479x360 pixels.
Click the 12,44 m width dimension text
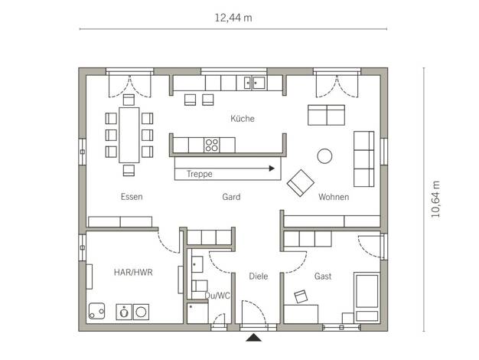[x=233, y=18]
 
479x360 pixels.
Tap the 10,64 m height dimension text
[x=435, y=199]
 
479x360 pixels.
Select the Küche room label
[x=243, y=119]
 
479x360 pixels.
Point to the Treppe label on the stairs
[x=200, y=174]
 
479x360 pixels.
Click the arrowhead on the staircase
[x=272, y=169]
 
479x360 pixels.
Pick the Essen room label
[x=132, y=197]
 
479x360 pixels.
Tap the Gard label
[x=231, y=197]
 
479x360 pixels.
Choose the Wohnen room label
[x=334, y=197]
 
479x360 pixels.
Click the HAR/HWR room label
[x=133, y=272]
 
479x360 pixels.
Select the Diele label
[x=259, y=277]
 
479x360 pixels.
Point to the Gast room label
[x=323, y=277]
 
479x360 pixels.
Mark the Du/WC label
[x=217, y=296]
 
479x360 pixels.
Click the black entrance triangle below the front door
[x=254, y=337]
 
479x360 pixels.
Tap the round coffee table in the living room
[x=324, y=156]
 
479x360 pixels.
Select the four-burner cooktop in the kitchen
[x=212, y=145]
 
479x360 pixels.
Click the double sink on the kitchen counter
[x=254, y=83]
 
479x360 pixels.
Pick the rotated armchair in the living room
[x=301, y=183]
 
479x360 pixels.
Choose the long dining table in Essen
[x=129, y=135]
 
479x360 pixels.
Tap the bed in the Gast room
[x=367, y=297]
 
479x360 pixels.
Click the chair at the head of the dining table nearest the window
[x=129, y=100]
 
